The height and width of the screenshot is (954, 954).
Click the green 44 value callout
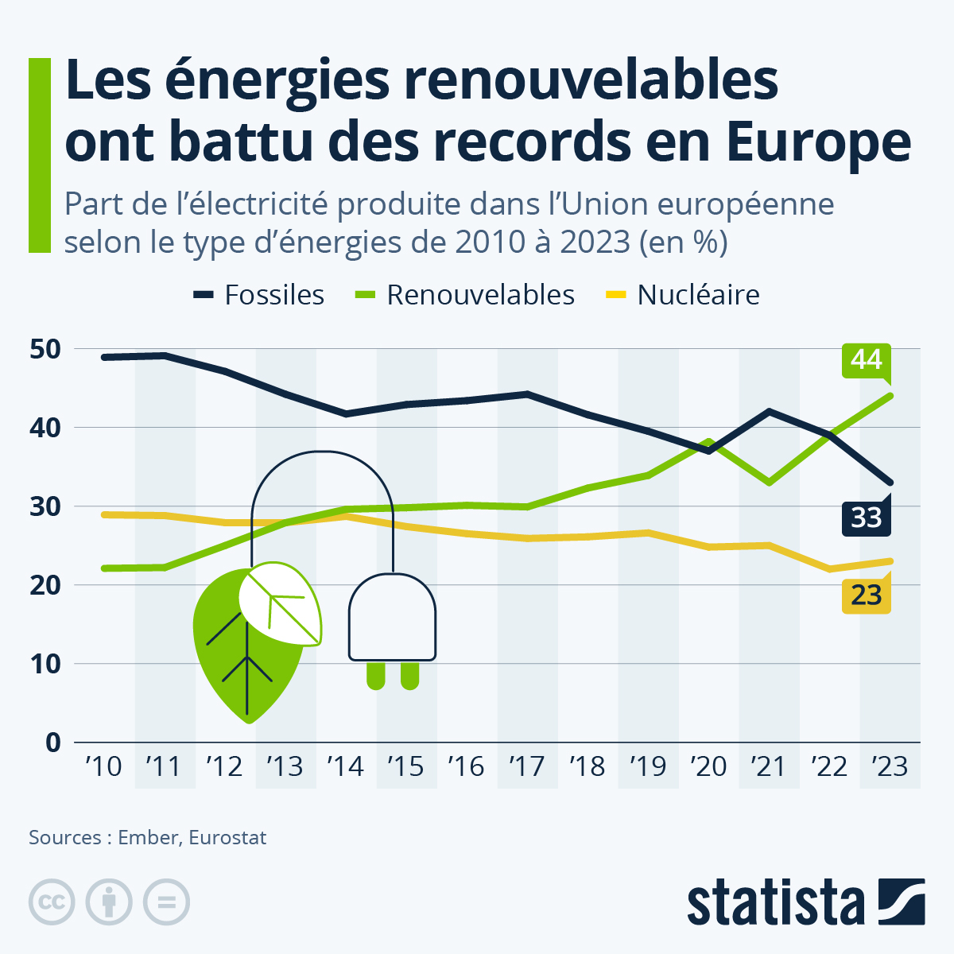coord(866,360)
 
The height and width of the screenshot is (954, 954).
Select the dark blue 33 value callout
coord(866,518)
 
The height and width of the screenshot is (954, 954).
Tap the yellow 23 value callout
coord(866,595)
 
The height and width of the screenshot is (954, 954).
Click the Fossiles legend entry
coord(259,295)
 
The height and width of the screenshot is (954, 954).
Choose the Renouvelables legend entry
coord(463,295)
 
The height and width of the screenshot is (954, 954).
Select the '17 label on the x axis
coord(526,766)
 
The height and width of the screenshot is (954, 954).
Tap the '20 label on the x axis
coord(708,766)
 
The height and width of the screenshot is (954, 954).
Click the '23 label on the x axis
coord(889,766)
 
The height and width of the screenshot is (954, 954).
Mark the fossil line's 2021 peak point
coord(769,411)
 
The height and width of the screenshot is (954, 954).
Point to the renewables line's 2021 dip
coord(769,483)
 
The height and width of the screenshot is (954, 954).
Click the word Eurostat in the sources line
coord(227,838)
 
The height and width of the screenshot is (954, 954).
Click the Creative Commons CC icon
coord(52,902)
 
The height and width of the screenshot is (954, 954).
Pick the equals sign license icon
coord(166,902)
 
